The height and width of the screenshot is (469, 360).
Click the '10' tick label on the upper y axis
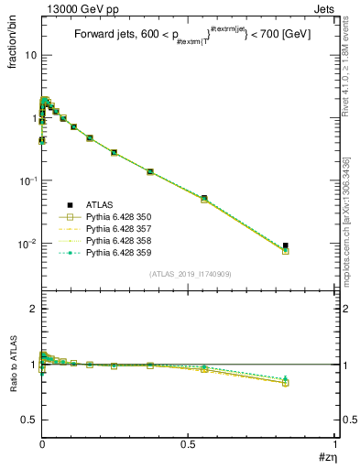click(x=30, y=55)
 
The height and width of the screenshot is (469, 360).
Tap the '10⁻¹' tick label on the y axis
click(x=27, y=180)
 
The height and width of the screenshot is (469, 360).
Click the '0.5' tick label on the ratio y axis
click(x=28, y=420)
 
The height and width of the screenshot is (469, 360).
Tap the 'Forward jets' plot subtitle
click(x=101, y=38)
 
